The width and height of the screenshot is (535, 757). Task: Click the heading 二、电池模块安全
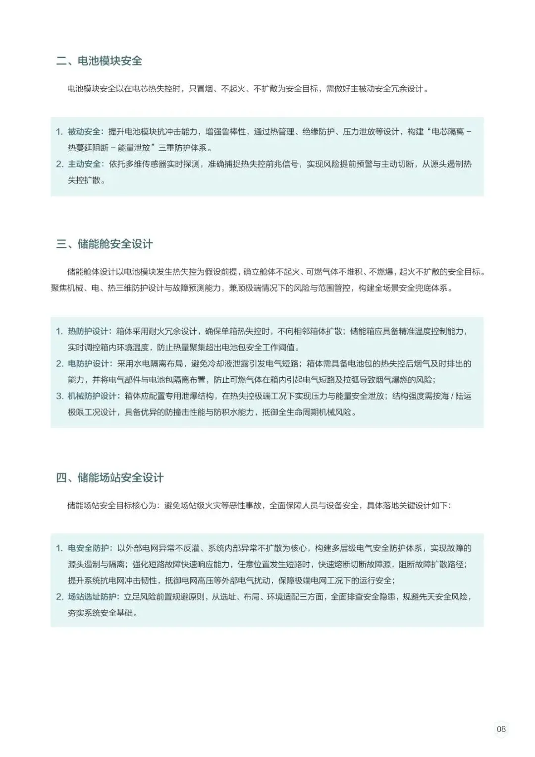(x=99, y=61)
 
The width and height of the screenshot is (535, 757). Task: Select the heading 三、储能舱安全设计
(x=105, y=244)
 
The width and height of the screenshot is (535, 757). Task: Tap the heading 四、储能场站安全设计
(x=110, y=478)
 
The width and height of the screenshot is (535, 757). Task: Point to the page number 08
(x=501, y=729)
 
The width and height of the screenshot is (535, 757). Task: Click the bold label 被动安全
(x=84, y=132)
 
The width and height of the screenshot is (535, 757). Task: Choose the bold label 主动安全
(x=84, y=164)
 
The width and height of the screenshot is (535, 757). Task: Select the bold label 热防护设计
(x=88, y=331)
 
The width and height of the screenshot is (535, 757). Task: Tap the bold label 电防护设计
(x=88, y=363)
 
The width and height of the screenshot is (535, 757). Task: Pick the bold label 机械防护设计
(x=92, y=396)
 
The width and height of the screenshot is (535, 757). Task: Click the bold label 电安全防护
(x=88, y=548)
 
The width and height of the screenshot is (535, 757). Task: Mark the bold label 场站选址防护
(x=92, y=597)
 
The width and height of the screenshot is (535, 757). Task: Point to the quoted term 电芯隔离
(x=448, y=132)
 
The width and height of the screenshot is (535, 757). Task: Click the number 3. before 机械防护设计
(x=59, y=396)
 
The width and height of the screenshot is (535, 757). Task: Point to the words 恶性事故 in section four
(x=246, y=506)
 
